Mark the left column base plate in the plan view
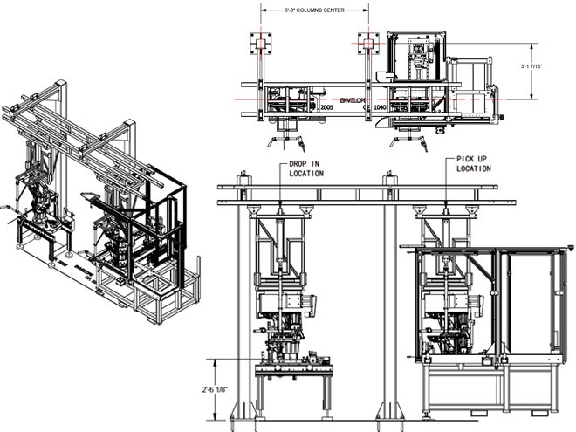260,42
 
